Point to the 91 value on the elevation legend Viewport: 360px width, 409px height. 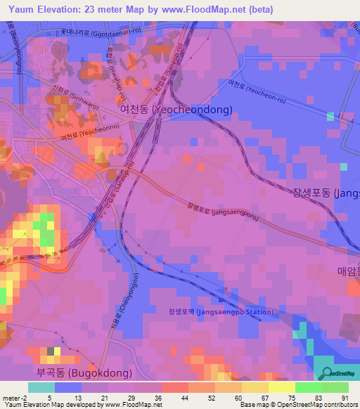click(x=345, y=397)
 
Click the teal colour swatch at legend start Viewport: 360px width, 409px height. click(x=41, y=387)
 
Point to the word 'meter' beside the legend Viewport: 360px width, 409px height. click(x=11, y=397)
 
